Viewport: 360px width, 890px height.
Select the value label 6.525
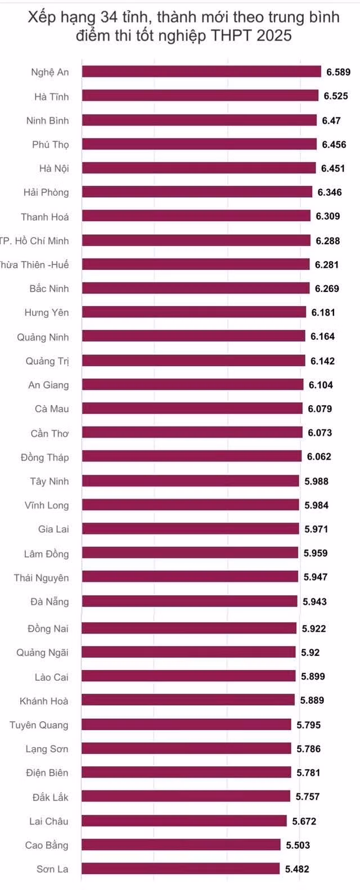pos(336,96)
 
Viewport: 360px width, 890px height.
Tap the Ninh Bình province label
pos(48,120)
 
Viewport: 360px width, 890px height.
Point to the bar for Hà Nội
pos(199,168)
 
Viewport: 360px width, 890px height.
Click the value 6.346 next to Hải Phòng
pos(330,192)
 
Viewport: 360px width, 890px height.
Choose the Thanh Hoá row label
pos(45,217)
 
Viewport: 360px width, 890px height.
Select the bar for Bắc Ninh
pos(196,289)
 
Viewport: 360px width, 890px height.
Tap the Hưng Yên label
pos(47,312)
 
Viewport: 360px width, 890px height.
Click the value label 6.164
pos(323,336)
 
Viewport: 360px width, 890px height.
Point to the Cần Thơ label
pos(50,433)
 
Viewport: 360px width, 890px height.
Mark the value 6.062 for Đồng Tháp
pos(319,457)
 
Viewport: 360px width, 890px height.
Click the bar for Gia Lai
pos(190,529)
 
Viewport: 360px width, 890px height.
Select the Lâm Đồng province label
pos(46,554)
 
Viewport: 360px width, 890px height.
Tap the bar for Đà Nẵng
pos(190,601)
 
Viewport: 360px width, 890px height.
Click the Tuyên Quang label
pos(39,725)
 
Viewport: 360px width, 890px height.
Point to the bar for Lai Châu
pos(184,821)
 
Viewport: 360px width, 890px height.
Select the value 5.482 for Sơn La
pos(298,869)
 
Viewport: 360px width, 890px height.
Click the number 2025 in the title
pos(274,35)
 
